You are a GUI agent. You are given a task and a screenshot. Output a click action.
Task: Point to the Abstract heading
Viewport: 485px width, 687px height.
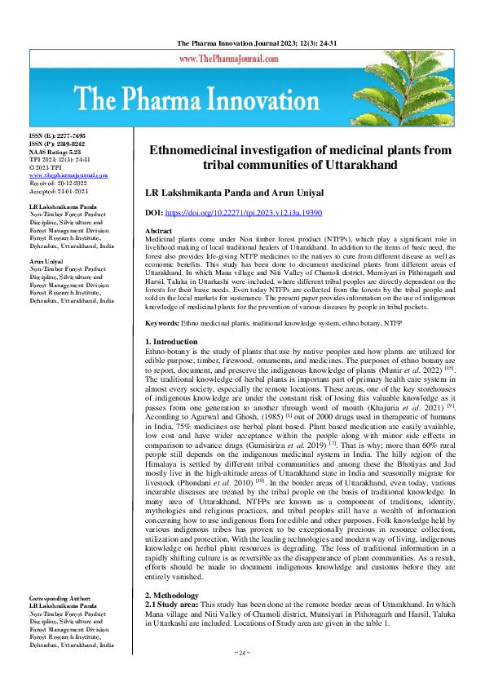(x=158, y=232)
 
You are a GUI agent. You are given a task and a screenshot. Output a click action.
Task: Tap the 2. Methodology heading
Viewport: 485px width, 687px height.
(x=173, y=596)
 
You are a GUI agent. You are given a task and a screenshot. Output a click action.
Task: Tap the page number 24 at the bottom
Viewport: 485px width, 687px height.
(x=242, y=654)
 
